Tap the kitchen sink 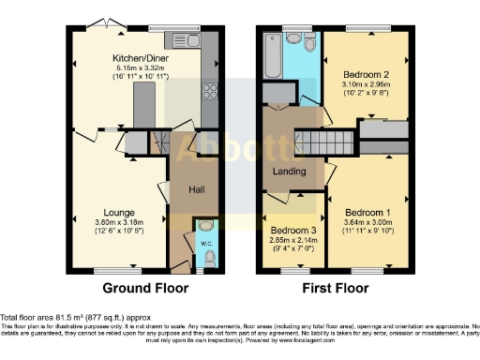point(195,39)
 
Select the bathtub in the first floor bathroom point(272,56)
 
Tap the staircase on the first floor point(315,143)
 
